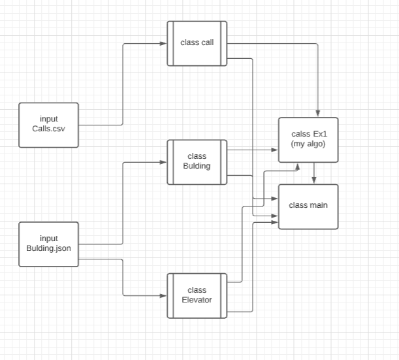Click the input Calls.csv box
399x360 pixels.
49,124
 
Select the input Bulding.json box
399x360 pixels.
49,244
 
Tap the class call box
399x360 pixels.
197,43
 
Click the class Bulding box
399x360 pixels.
197,161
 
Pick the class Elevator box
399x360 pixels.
197,295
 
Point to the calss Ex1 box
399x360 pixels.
308,139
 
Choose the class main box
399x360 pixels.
308,206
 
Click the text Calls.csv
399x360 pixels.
49,129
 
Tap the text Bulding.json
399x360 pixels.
49,248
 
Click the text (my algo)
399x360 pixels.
308,144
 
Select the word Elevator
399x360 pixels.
197,301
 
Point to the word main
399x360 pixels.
319,205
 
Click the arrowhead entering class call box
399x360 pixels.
163,44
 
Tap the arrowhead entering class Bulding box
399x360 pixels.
163,161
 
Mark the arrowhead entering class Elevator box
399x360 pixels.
163,296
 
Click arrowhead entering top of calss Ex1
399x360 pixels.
318,114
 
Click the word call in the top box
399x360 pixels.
206,43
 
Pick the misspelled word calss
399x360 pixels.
300,134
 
